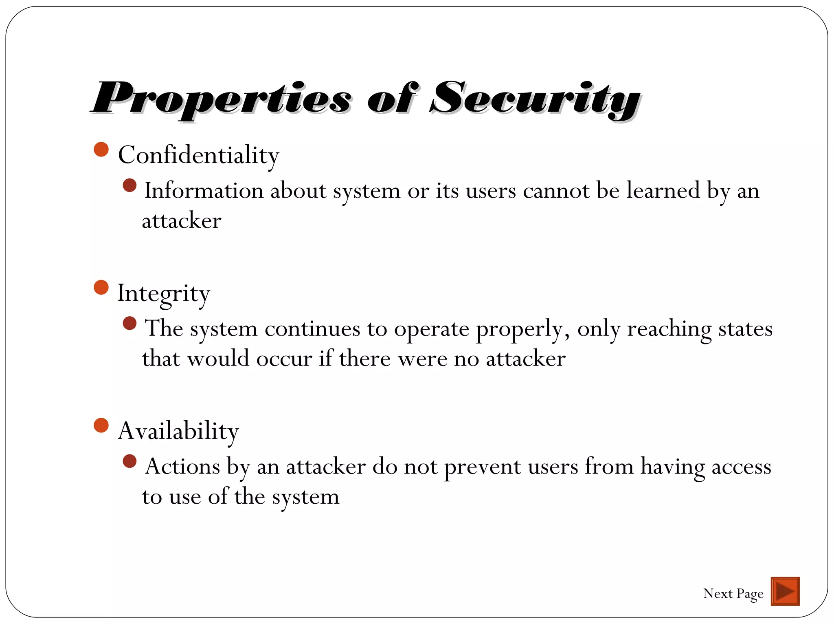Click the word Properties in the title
[222, 99]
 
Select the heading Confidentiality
[198, 155]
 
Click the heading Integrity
[163, 293]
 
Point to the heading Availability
[178, 431]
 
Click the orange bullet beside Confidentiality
[101, 150]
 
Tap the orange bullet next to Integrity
[101, 287]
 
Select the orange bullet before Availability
[101, 425]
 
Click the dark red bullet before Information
[129, 186]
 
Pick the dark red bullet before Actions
[129, 462]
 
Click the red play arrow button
[785, 591]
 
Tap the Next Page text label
[733, 593]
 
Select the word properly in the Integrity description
[522, 329]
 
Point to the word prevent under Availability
[482, 467]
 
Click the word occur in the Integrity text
[284, 359]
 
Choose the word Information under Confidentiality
[204, 191]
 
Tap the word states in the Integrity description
[745, 328]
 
